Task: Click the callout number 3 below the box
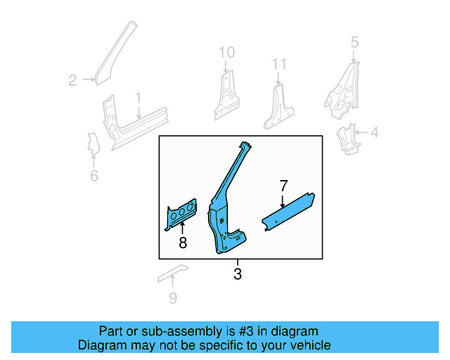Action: (238, 274)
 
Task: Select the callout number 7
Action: (283, 186)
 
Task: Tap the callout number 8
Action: (183, 243)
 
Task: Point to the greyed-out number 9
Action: (173, 298)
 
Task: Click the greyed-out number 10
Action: (226, 52)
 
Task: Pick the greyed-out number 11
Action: (280, 65)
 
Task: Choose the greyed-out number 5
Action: (354, 42)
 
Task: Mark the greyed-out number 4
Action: (374, 132)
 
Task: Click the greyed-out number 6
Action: (94, 176)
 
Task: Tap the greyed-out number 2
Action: (72, 81)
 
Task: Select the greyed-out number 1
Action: (139, 97)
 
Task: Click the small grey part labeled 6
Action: (92, 143)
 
